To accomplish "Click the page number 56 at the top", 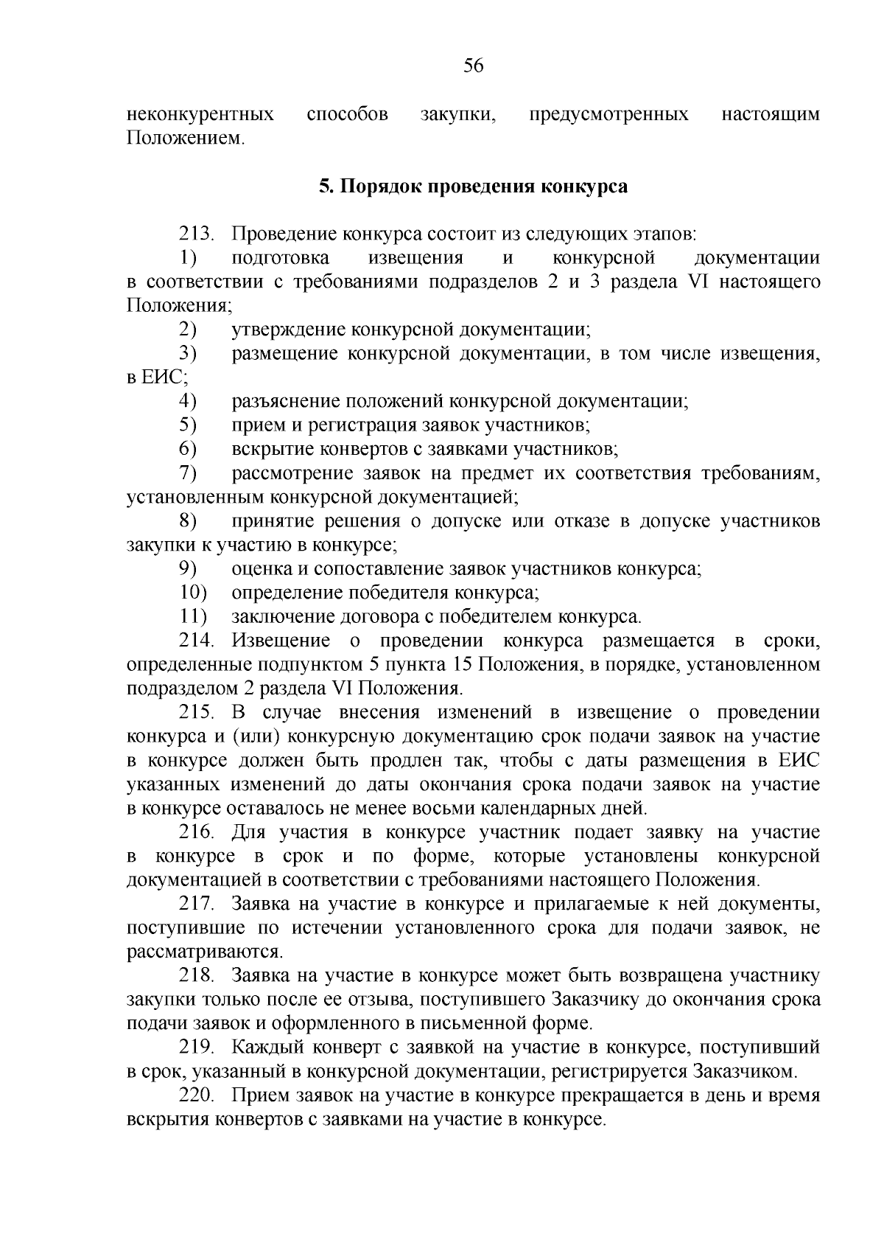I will [473, 67].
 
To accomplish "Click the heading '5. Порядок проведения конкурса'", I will [473, 187].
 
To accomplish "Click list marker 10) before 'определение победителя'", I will [193, 593].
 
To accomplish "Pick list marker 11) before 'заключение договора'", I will [193, 617].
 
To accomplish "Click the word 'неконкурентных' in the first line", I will [200, 115].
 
